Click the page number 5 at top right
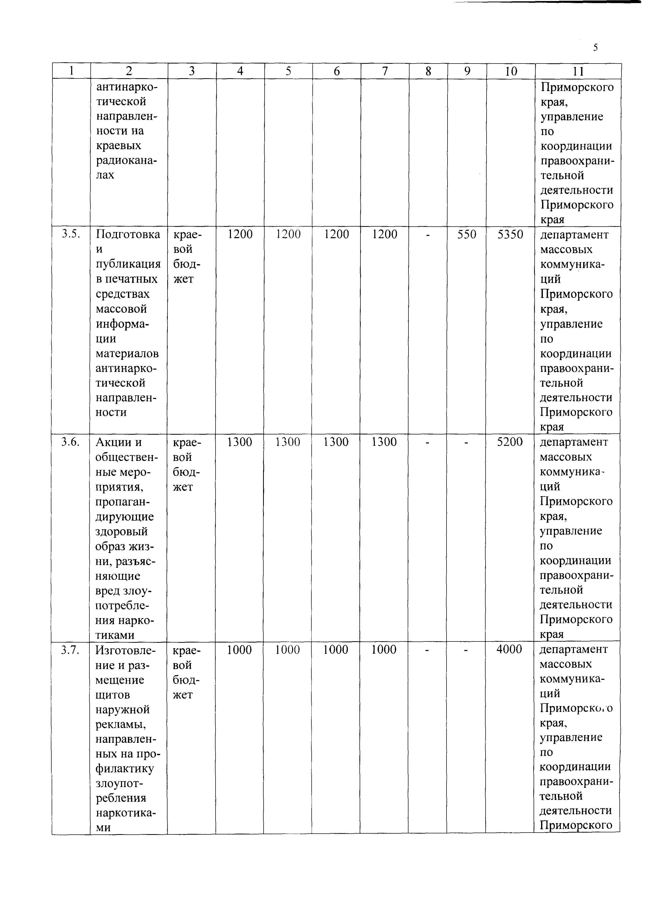(x=595, y=48)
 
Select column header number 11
(x=578, y=71)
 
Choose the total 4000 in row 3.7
(x=509, y=649)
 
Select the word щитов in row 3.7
(x=113, y=694)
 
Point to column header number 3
(x=192, y=71)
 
